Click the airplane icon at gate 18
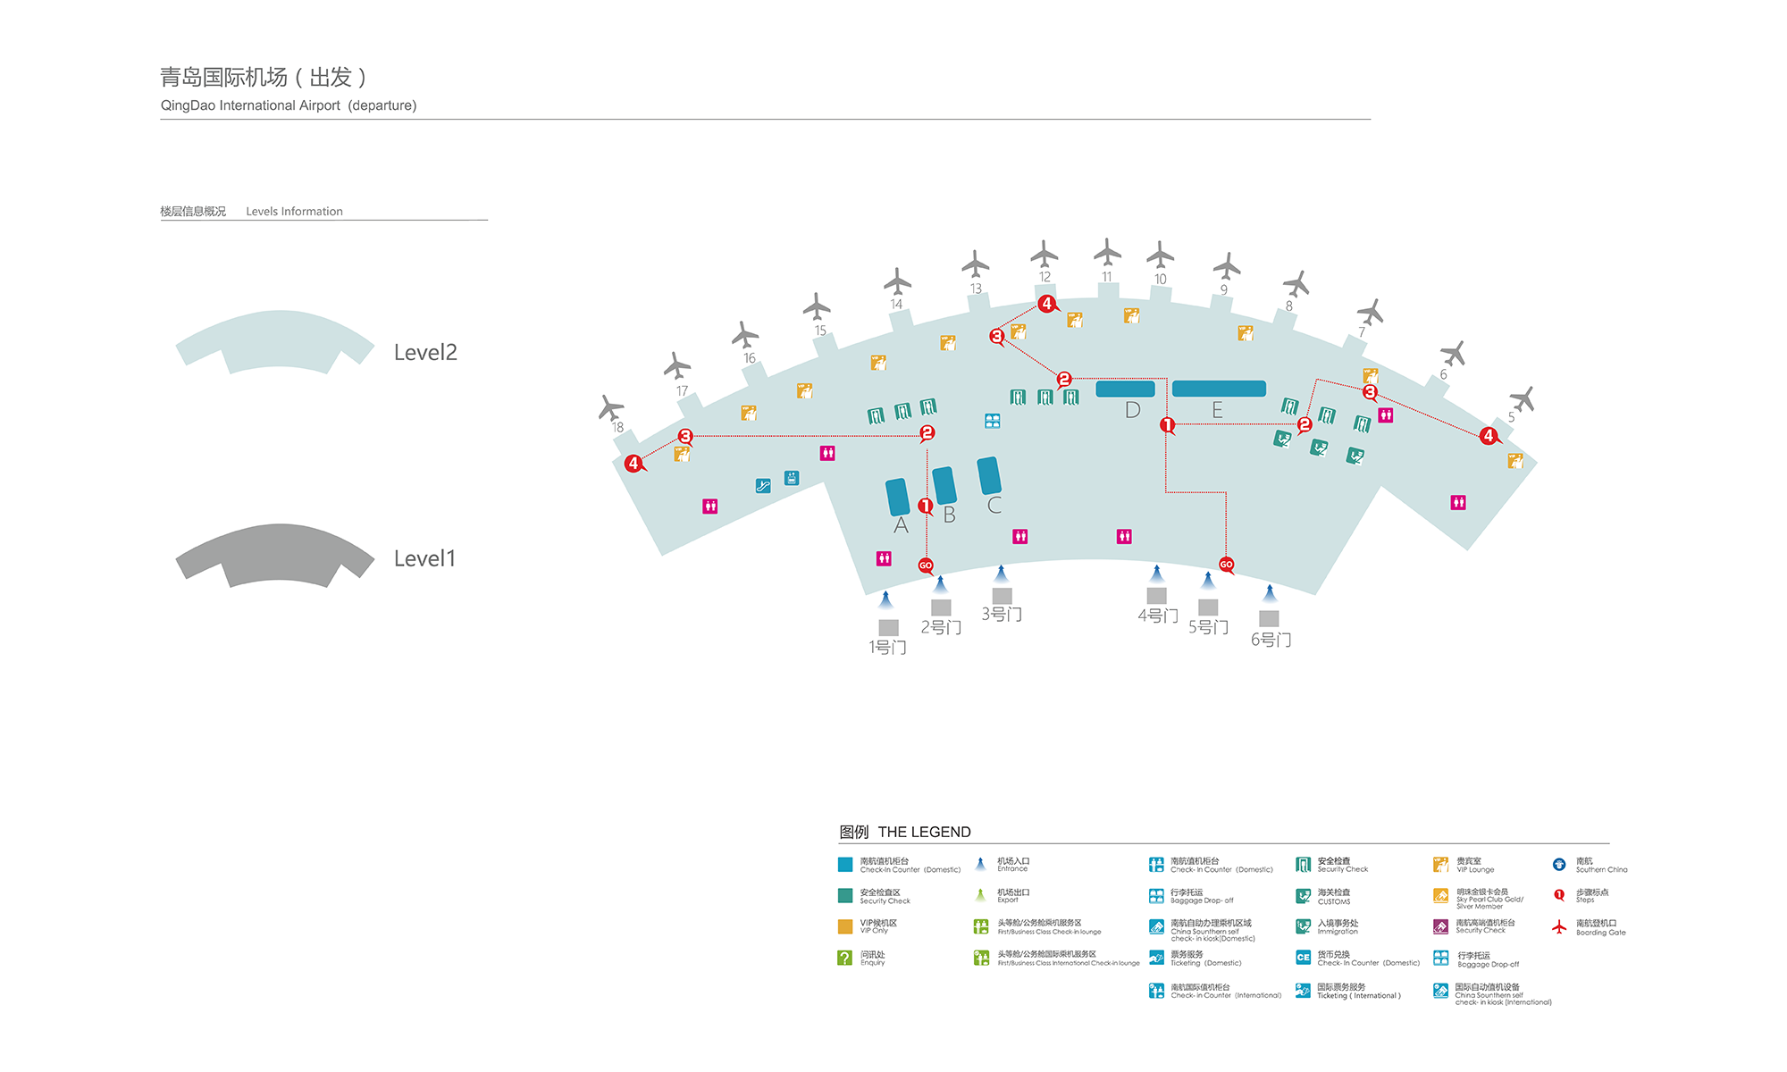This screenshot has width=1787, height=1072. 611,407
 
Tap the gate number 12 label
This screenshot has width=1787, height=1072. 1045,277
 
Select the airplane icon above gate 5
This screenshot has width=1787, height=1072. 1522,398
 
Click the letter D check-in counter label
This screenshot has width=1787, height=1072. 1132,410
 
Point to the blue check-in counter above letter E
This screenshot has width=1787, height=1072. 1219,389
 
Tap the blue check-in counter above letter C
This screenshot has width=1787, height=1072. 989,475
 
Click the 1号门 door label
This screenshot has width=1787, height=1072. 887,647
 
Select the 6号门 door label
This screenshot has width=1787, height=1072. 1271,640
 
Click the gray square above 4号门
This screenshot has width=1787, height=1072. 1156,595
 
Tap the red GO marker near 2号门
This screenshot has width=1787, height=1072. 926,565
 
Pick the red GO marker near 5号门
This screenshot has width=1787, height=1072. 1226,565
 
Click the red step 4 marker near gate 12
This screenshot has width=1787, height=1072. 1047,304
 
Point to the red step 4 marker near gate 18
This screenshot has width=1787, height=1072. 633,463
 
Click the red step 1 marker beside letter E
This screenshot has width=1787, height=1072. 1167,424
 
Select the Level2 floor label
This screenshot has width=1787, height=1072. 425,353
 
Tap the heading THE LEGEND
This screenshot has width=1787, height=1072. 924,832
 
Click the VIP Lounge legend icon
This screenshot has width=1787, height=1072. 1440,865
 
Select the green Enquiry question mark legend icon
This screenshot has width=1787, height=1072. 844,958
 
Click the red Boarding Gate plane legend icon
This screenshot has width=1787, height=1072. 1559,927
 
